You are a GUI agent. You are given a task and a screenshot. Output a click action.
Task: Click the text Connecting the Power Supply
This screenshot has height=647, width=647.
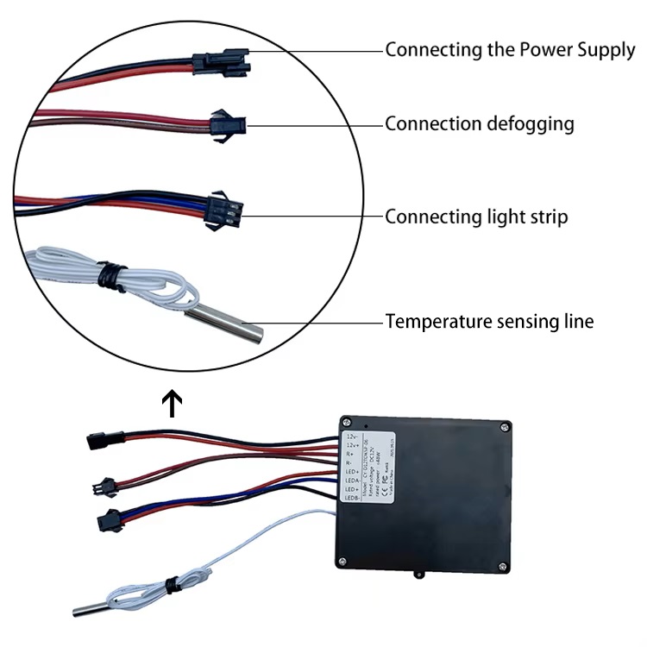(509, 49)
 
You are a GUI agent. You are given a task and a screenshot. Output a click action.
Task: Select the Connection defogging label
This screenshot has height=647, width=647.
(479, 123)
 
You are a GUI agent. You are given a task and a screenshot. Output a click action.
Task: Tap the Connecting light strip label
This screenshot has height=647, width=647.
(476, 216)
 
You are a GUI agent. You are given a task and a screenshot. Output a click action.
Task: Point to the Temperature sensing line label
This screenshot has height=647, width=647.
(489, 322)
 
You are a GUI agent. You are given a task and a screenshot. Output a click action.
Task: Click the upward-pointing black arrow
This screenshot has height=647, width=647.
(173, 403)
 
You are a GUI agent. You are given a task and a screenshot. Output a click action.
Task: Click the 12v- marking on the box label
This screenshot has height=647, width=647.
(349, 430)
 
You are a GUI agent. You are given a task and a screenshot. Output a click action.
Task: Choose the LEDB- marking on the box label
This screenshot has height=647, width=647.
(350, 499)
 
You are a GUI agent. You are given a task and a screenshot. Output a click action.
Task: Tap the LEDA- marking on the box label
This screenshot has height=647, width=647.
(350, 479)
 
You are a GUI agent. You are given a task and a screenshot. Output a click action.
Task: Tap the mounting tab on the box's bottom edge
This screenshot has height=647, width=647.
(421, 573)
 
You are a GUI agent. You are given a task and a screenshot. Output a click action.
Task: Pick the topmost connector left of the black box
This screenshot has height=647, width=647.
(97, 440)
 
